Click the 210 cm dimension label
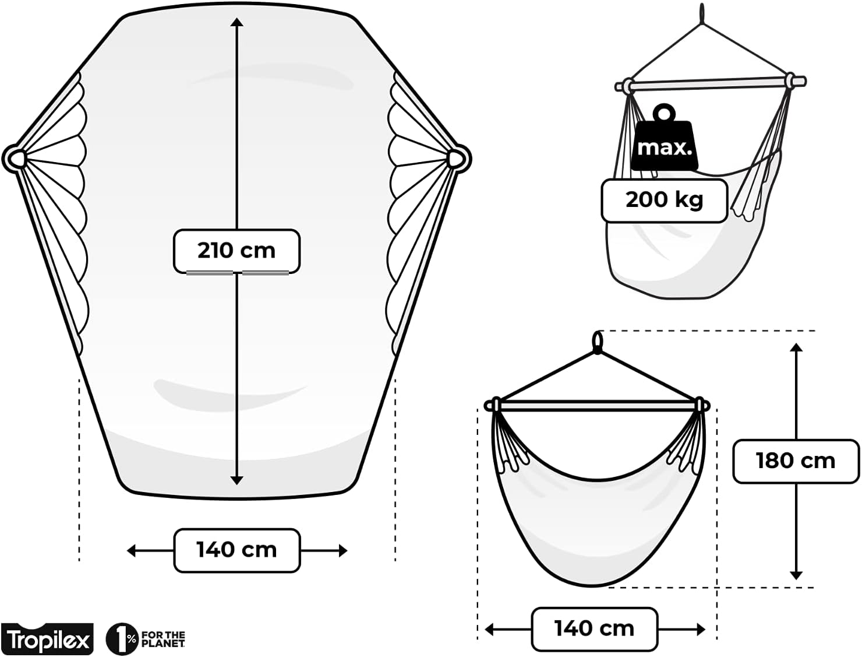pyautogui.click(x=236, y=251)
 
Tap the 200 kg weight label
pyautogui.click(x=664, y=200)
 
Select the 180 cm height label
pyautogui.click(x=796, y=461)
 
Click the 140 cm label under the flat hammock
pyautogui.click(x=237, y=550)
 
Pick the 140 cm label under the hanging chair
pyautogui.click(x=595, y=628)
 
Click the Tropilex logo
pyautogui.click(x=47, y=639)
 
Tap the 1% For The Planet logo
pyautogui.click(x=146, y=639)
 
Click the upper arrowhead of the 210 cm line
pyautogui.click(x=237, y=22)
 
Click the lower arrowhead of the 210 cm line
pyautogui.click(x=237, y=480)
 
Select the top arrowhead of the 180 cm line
pyautogui.click(x=796, y=347)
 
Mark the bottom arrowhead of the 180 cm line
pyautogui.click(x=796, y=575)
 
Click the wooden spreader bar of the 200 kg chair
pyautogui.click(x=711, y=85)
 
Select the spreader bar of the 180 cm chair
pyautogui.click(x=597, y=406)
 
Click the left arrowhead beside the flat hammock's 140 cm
pyautogui.click(x=131, y=551)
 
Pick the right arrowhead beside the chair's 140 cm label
pyautogui.click(x=701, y=630)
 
